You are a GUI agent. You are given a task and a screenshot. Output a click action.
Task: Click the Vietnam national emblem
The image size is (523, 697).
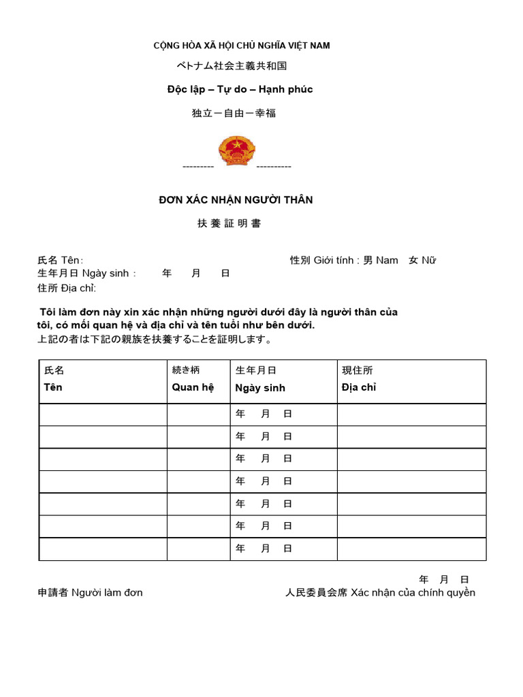click(x=236, y=150)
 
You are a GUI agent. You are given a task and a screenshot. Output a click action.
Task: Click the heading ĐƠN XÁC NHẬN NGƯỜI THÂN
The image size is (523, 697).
click(x=236, y=199)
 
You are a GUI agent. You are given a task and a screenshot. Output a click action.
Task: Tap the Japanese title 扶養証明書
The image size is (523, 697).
click(x=229, y=223)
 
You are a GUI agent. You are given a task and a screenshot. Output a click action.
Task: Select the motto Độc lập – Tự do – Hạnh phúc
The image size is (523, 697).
click(x=240, y=89)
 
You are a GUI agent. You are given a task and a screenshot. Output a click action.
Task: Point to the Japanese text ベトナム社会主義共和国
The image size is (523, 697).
click(x=232, y=66)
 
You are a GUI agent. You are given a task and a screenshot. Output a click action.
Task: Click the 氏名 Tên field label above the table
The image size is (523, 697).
click(x=60, y=260)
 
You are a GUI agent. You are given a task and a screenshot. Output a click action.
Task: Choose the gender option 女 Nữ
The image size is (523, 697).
click(x=422, y=260)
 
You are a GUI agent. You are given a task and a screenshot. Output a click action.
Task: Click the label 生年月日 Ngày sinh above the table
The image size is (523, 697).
click(x=86, y=273)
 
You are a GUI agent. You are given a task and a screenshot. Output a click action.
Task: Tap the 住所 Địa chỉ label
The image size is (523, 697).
click(x=67, y=287)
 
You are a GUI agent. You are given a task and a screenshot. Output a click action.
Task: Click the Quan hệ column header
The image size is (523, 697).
click(x=193, y=387)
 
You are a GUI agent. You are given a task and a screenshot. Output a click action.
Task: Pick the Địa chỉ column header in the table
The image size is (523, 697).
click(x=358, y=387)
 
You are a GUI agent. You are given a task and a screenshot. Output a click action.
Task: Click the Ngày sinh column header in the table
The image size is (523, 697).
click(x=259, y=388)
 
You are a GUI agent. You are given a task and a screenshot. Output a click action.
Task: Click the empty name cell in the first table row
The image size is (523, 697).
click(x=103, y=414)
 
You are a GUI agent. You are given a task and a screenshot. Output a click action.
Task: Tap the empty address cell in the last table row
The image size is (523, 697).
click(x=411, y=549)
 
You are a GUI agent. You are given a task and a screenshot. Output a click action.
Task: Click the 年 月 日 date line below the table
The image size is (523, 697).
click(x=444, y=579)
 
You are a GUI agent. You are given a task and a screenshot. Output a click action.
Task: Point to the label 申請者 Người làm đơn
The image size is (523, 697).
click(x=90, y=592)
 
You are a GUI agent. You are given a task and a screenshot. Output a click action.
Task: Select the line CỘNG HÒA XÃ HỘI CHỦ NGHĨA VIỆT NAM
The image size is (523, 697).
click(x=241, y=46)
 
